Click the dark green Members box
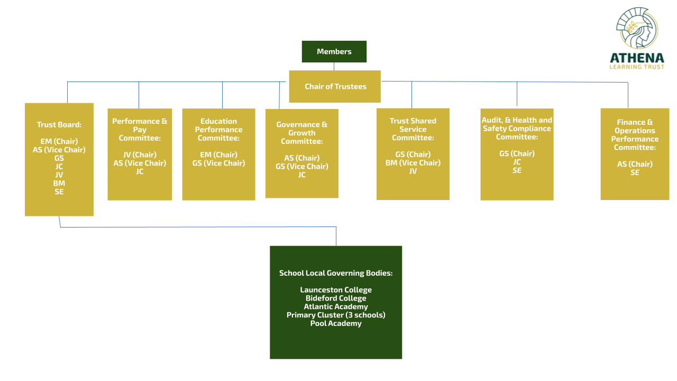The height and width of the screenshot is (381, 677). click(x=334, y=51)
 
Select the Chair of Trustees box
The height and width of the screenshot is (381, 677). click(x=335, y=86)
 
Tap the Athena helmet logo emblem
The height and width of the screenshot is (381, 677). click(x=637, y=28)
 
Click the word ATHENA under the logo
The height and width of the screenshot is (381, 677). click(x=637, y=58)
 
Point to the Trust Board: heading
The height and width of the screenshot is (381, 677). click(x=59, y=124)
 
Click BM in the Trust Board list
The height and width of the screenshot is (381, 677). click(x=59, y=183)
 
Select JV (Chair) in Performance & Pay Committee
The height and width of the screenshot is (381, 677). click(x=140, y=155)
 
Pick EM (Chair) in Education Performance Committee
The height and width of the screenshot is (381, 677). click(x=218, y=155)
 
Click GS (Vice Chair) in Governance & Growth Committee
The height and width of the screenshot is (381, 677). click(x=301, y=166)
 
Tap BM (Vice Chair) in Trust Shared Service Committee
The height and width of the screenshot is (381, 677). click(x=413, y=163)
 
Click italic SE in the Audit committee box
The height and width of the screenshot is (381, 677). click(x=517, y=170)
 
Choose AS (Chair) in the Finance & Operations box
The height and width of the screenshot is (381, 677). click(x=635, y=164)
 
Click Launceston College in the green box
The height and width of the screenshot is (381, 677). click(x=336, y=289)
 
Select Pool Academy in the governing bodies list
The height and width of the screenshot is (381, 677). click(x=336, y=323)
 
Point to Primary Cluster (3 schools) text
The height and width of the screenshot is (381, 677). click(x=336, y=315)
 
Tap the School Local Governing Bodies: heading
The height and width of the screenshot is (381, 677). click(x=336, y=273)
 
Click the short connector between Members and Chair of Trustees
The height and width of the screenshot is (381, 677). click(x=334, y=67)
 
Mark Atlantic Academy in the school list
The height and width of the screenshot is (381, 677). click(x=336, y=306)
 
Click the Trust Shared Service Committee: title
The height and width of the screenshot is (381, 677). click(x=413, y=129)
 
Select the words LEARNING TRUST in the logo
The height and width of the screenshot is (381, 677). click(x=637, y=67)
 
